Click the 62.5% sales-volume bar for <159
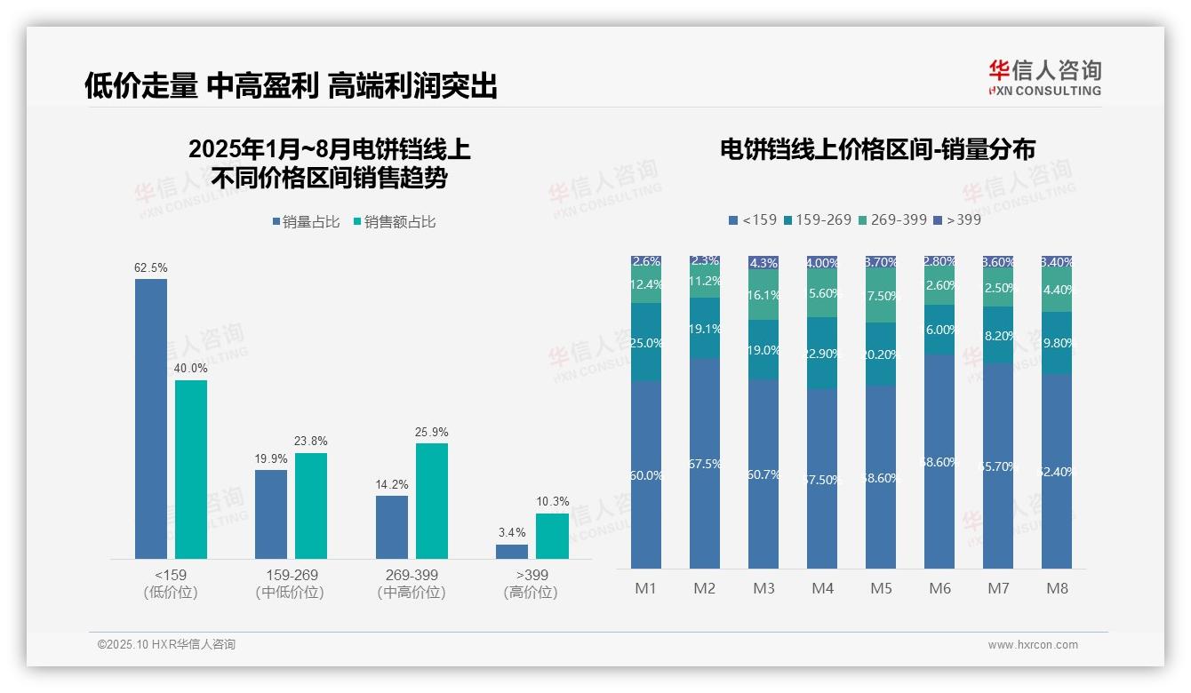(151, 418)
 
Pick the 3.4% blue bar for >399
(512, 552)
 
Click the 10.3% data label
(552, 502)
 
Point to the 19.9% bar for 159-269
(271, 514)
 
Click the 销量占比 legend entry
(306, 222)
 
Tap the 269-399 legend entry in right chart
(893, 219)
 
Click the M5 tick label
(881, 588)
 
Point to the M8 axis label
(1057, 588)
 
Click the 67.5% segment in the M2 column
(705, 464)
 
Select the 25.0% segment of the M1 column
(646, 342)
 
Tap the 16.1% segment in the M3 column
(763, 295)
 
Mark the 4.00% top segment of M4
(822, 263)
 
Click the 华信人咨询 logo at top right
(1044, 77)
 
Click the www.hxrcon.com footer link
(1033, 645)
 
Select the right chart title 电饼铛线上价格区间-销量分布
(877, 150)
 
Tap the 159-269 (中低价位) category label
(290, 583)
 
